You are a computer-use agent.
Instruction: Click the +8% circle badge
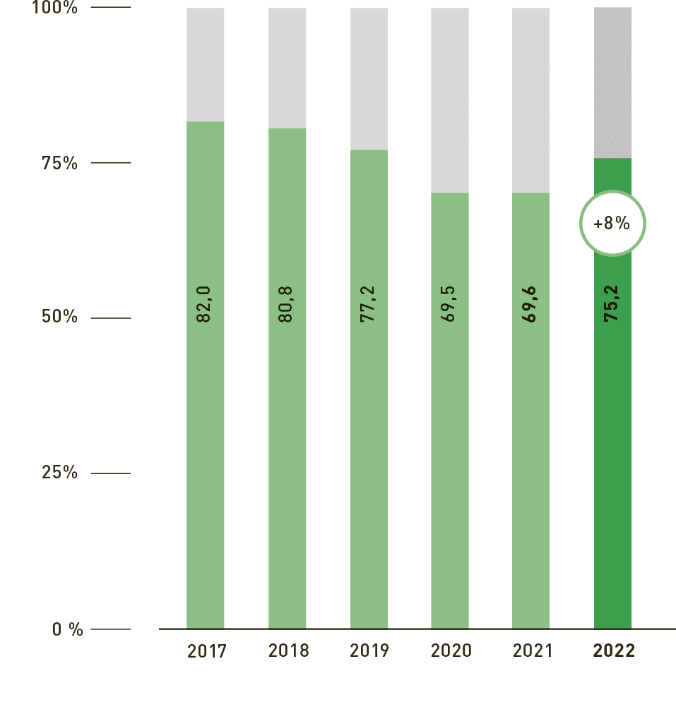[612, 224]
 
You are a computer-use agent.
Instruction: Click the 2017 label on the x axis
[206, 650]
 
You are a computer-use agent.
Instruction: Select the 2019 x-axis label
[369, 650]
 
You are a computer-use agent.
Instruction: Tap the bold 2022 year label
[613, 650]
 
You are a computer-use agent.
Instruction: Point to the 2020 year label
[450, 650]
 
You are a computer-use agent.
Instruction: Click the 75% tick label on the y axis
[59, 163]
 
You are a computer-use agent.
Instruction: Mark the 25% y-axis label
[59, 473]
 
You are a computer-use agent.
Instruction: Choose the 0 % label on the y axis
[67, 629]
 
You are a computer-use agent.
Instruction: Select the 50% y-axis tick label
[59, 317]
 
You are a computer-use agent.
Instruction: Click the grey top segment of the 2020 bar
[450, 99]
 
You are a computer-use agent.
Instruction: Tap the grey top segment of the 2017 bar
[206, 63]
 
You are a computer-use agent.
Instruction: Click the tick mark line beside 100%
[111, 8]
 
